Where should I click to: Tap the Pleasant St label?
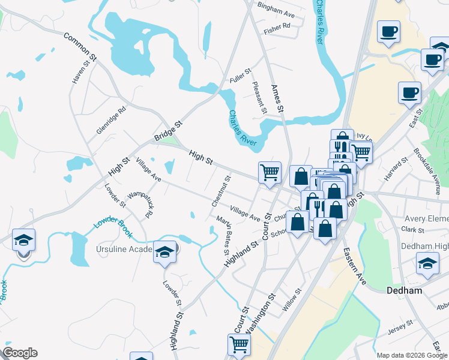[260, 98]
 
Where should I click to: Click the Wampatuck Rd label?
[142, 205]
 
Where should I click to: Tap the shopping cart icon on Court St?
[239, 344]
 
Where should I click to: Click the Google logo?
[20, 353]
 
